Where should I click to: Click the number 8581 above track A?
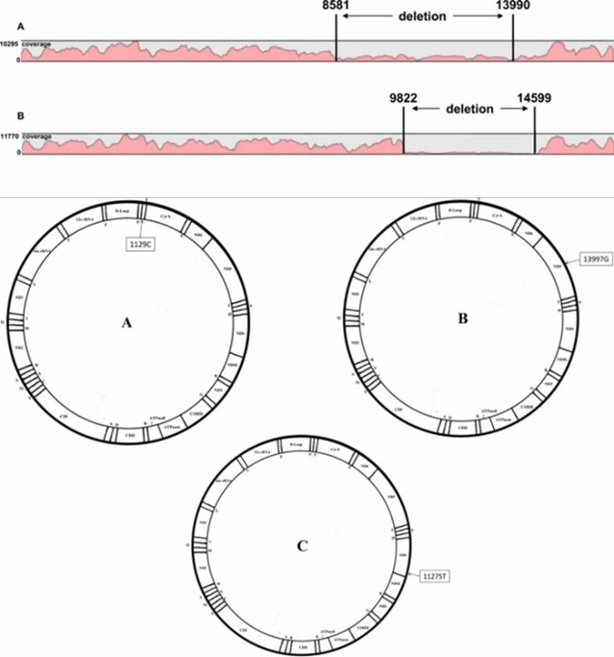pos(336,7)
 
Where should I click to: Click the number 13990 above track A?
pos(513,7)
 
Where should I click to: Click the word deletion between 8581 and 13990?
pos(424,15)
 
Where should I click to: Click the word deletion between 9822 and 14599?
pos(469,109)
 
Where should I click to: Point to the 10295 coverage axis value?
pos(10,44)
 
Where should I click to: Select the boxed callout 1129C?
pos(142,245)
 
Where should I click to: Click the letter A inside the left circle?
pos(126,323)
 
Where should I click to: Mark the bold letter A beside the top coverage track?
pos(7,27)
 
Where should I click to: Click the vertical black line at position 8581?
pos(336,38)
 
